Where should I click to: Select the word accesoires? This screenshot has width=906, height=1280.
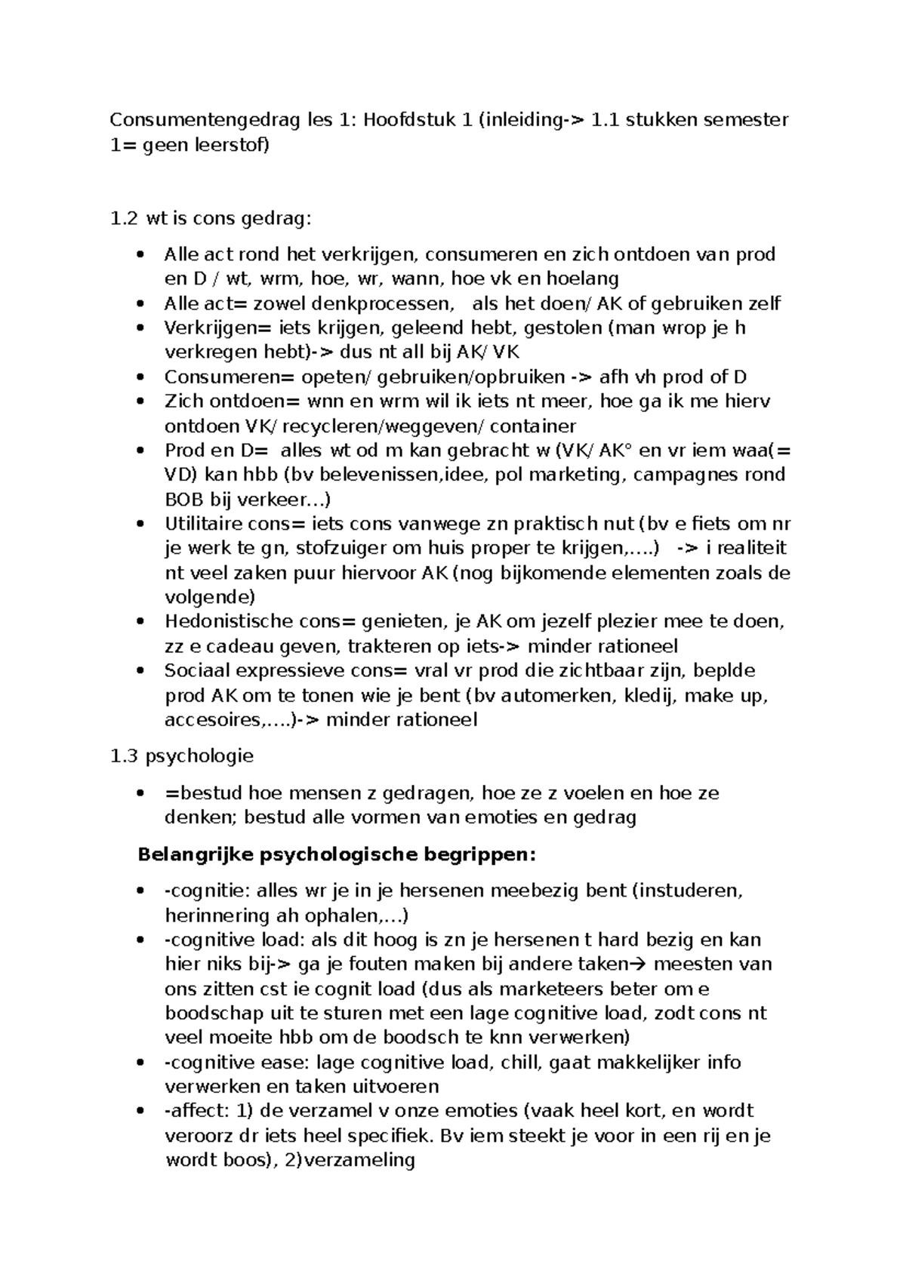[212, 720]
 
